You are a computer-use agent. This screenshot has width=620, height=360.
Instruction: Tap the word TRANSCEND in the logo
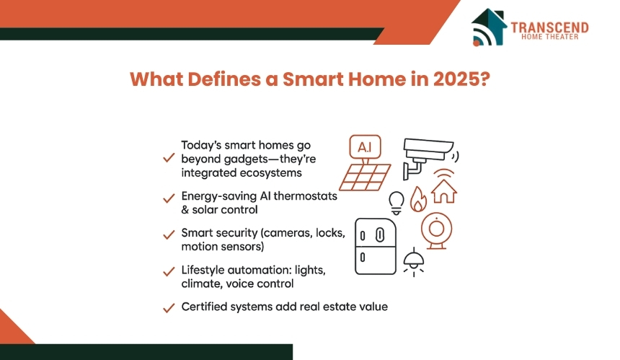click(549, 27)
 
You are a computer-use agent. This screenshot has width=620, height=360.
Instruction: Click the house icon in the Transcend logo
click(489, 27)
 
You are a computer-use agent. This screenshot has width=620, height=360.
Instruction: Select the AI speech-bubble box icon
click(365, 147)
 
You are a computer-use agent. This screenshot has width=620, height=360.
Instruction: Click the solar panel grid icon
click(366, 177)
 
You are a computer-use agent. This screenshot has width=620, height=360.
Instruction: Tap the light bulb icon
click(397, 203)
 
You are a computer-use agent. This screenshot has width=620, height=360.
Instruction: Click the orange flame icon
click(418, 199)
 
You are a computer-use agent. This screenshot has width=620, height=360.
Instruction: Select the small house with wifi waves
click(444, 186)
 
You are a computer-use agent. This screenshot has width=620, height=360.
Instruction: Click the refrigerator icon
click(375, 246)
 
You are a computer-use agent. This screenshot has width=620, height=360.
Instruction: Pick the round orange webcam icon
click(437, 231)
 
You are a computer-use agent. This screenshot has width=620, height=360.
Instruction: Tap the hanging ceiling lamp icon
click(414, 262)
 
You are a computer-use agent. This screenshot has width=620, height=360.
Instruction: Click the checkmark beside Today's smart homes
click(169, 157)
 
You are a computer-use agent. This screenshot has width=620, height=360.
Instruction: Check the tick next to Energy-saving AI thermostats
click(169, 198)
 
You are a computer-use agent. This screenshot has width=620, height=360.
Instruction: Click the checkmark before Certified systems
click(169, 307)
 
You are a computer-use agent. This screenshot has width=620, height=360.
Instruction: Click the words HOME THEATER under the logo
click(549, 37)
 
